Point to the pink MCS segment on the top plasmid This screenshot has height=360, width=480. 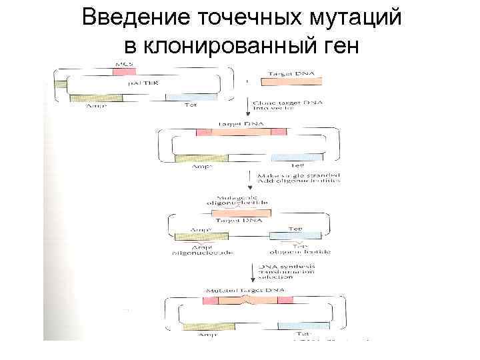pos(124,70)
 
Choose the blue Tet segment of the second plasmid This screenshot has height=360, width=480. pos(297,158)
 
